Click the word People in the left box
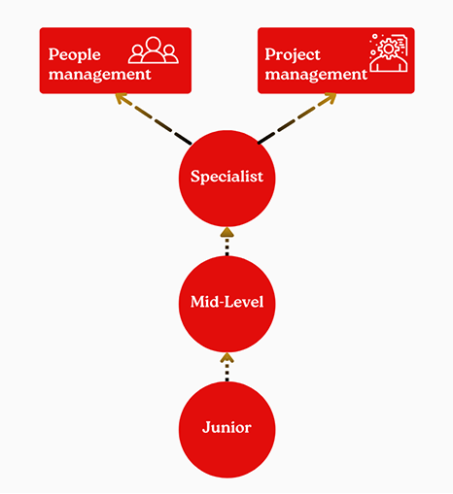click(74, 55)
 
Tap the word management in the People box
click(99, 75)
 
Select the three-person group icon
click(154, 49)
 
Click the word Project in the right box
click(293, 55)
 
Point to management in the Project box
click(316, 75)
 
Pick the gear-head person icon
click(389, 52)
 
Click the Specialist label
click(226, 177)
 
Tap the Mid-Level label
click(226, 302)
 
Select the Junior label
click(226, 427)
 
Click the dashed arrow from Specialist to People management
click(154, 118)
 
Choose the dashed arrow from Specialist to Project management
click(296, 118)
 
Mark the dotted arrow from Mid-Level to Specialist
click(226, 242)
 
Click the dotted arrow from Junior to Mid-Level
click(226, 367)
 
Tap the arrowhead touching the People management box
click(121, 98)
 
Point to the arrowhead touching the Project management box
click(331, 98)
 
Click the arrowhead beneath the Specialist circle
click(226, 232)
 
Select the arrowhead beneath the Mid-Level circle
click(226, 358)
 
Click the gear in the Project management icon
click(389, 49)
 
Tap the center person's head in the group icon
click(154, 44)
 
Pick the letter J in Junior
click(207, 427)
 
